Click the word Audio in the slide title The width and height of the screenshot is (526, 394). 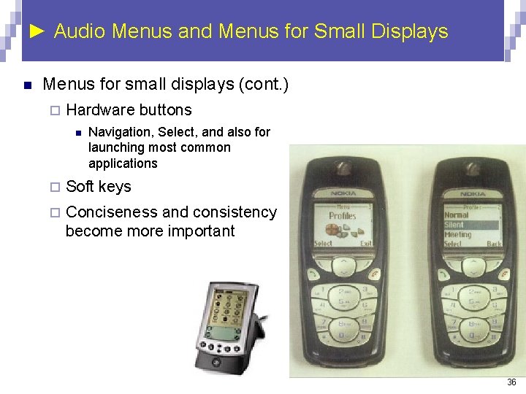coord(80,31)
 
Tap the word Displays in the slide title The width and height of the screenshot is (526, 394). coord(409,31)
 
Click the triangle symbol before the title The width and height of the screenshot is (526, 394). coord(39,31)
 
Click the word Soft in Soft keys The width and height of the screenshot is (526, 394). coord(80,186)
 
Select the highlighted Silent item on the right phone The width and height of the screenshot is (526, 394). coord(454,225)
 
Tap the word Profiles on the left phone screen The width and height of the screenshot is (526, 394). coord(342,216)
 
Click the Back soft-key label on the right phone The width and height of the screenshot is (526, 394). coord(494,244)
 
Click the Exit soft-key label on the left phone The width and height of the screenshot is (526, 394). coord(365,244)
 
